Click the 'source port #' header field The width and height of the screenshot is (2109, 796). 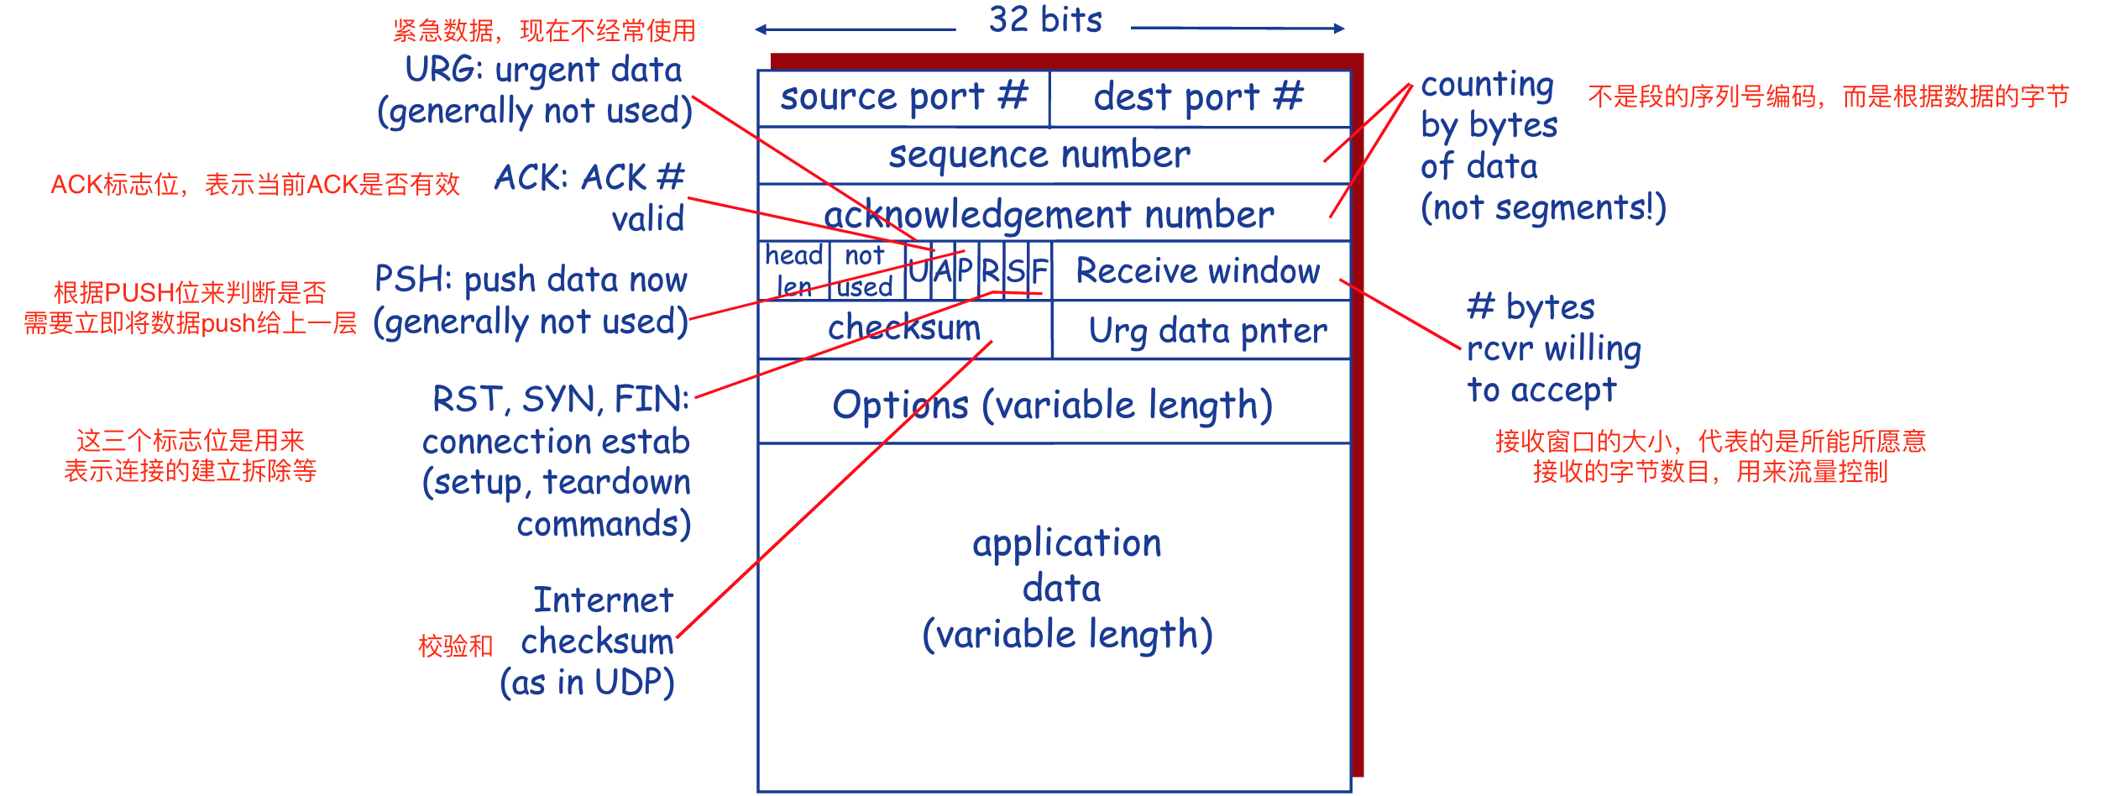coord(903,97)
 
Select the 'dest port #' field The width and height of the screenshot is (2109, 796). coord(1199,97)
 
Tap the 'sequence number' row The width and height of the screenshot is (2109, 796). coord(1039,155)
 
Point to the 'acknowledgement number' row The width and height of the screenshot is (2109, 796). coord(1049,215)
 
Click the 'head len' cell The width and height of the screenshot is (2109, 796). coord(793,270)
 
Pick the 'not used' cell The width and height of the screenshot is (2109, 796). coord(866,270)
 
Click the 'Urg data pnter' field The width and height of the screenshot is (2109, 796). coord(1207,331)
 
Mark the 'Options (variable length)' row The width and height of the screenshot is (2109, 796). coord(1053,405)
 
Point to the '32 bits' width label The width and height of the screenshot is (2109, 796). coord(1045,20)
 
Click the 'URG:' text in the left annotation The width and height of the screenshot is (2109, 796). coord(443,70)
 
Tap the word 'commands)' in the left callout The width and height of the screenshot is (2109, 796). coord(604,524)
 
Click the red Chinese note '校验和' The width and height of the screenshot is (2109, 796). coord(456,646)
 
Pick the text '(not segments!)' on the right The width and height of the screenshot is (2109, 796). coord(1543,207)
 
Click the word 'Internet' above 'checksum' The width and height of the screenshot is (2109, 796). coord(604,600)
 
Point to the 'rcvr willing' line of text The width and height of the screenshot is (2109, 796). coord(1553,348)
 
